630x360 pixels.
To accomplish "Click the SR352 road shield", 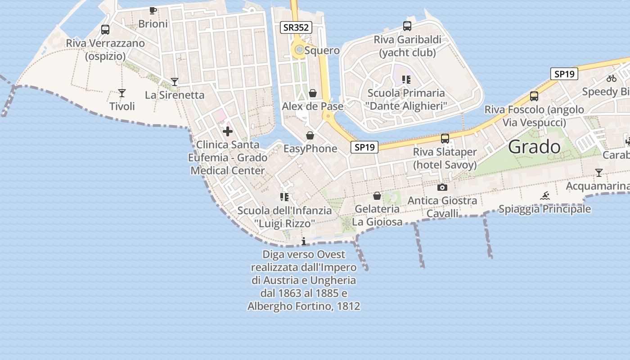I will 296,27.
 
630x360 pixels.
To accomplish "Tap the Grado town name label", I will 535,147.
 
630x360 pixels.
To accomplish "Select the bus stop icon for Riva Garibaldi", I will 407,26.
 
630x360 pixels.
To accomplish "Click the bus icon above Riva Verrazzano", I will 105,30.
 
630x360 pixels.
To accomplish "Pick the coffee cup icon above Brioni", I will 153,10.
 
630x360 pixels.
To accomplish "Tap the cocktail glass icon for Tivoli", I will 122,93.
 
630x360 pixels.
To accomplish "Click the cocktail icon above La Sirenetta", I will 175,82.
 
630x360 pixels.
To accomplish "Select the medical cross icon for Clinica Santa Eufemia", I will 228,131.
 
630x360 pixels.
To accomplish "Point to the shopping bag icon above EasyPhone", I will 310,135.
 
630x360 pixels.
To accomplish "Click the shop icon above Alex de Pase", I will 313,93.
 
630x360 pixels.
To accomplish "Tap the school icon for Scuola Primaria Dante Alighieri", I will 406,80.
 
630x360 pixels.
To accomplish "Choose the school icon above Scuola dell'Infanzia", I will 284,197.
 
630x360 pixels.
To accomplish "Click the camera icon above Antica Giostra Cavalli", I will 442,187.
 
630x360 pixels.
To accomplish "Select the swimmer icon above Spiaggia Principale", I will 545,196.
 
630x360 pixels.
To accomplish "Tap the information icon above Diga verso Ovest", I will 304,241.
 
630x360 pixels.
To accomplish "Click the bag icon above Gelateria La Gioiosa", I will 377,196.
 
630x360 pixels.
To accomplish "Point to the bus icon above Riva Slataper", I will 445,139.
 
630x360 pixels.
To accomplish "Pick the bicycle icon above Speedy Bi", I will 611,78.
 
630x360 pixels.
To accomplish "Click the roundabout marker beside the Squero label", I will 299,49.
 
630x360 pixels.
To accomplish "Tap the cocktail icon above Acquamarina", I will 598,173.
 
